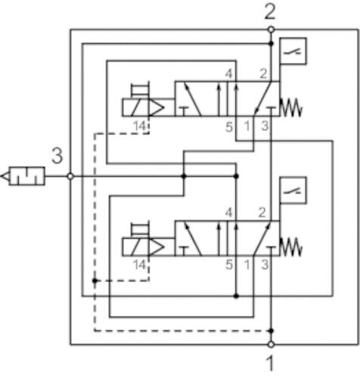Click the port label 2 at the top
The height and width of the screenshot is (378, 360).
[270, 12]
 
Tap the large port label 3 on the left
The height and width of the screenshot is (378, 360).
[57, 157]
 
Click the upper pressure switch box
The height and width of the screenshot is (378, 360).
[293, 51]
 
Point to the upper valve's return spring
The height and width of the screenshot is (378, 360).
[291, 108]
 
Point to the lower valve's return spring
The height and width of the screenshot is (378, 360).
[291, 247]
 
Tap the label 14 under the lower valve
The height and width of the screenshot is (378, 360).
[139, 265]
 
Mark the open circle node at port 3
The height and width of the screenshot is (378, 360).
[70, 176]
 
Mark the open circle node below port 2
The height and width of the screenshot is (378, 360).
[271, 30]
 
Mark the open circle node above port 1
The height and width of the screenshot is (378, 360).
[271, 343]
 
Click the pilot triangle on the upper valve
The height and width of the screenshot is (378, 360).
[157, 108]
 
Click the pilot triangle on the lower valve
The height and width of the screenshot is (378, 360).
[157, 247]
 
